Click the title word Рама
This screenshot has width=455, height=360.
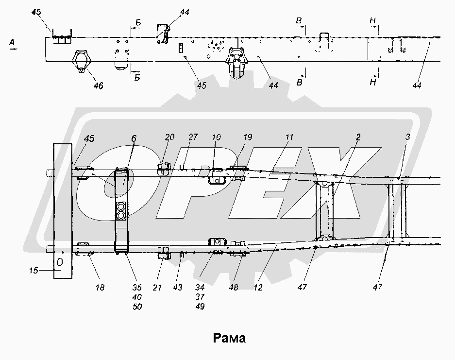point(229,338)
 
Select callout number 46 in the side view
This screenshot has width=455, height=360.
point(99,86)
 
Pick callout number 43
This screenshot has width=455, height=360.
point(177,288)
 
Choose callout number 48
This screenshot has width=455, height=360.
point(234,288)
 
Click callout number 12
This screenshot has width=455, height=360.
point(258,288)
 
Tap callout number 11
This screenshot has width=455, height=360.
point(289,138)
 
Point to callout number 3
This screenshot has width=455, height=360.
point(407,137)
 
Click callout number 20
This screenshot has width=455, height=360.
point(169,137)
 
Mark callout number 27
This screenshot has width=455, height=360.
point(193,137)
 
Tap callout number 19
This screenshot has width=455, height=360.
point(248,137)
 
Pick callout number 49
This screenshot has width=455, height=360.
point(200,307)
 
